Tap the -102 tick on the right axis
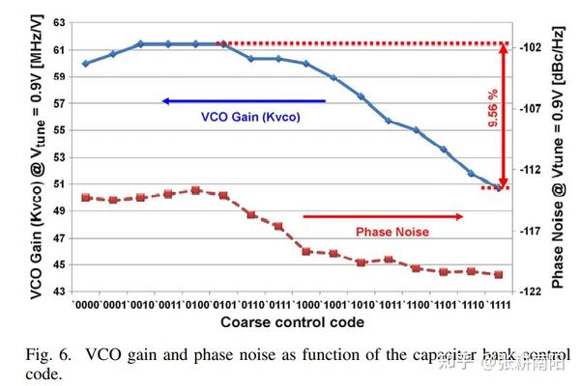(x=532, y=47)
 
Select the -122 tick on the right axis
(x=532, y=290)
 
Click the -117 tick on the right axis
(x=532, y=231)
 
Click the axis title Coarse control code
(x=292, y=321)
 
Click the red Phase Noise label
(x=392, y=232)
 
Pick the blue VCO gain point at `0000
(x=85, y=64)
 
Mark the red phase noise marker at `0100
(x=195, y=190)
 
